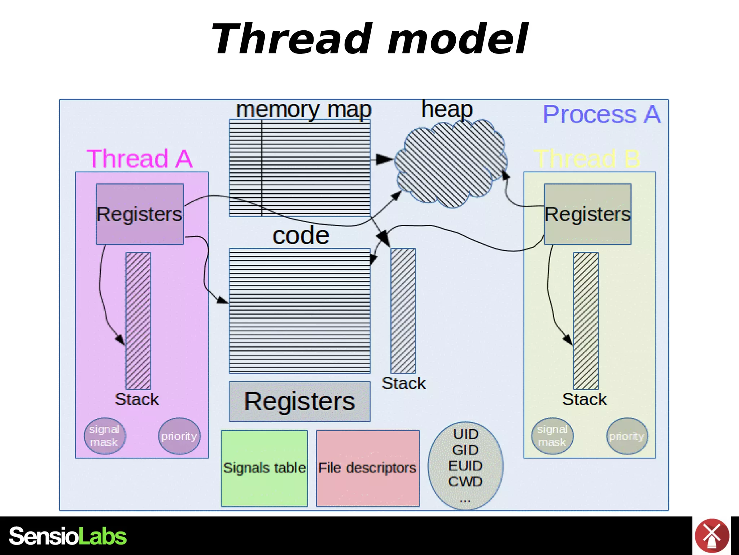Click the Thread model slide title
coord(369,39)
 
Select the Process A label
coord(602,115)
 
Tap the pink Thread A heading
coord(140,159)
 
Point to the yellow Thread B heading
coord(587,159)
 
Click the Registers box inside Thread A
coord(140,214)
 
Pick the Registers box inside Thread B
coord(587,214)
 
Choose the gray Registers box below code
coord(299,401)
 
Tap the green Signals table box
coord(264,468)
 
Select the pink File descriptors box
coord(368,468)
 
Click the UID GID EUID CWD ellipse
coord(465,465)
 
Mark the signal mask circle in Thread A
coord(105,436)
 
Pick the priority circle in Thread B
coord(627,436)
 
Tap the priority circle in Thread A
coord(179,436)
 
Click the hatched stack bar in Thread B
coord(586,321)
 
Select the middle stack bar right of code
coord(403,311)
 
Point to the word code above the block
coord(301,236)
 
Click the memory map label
coord(303,109)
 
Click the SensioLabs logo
coord(68,536)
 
